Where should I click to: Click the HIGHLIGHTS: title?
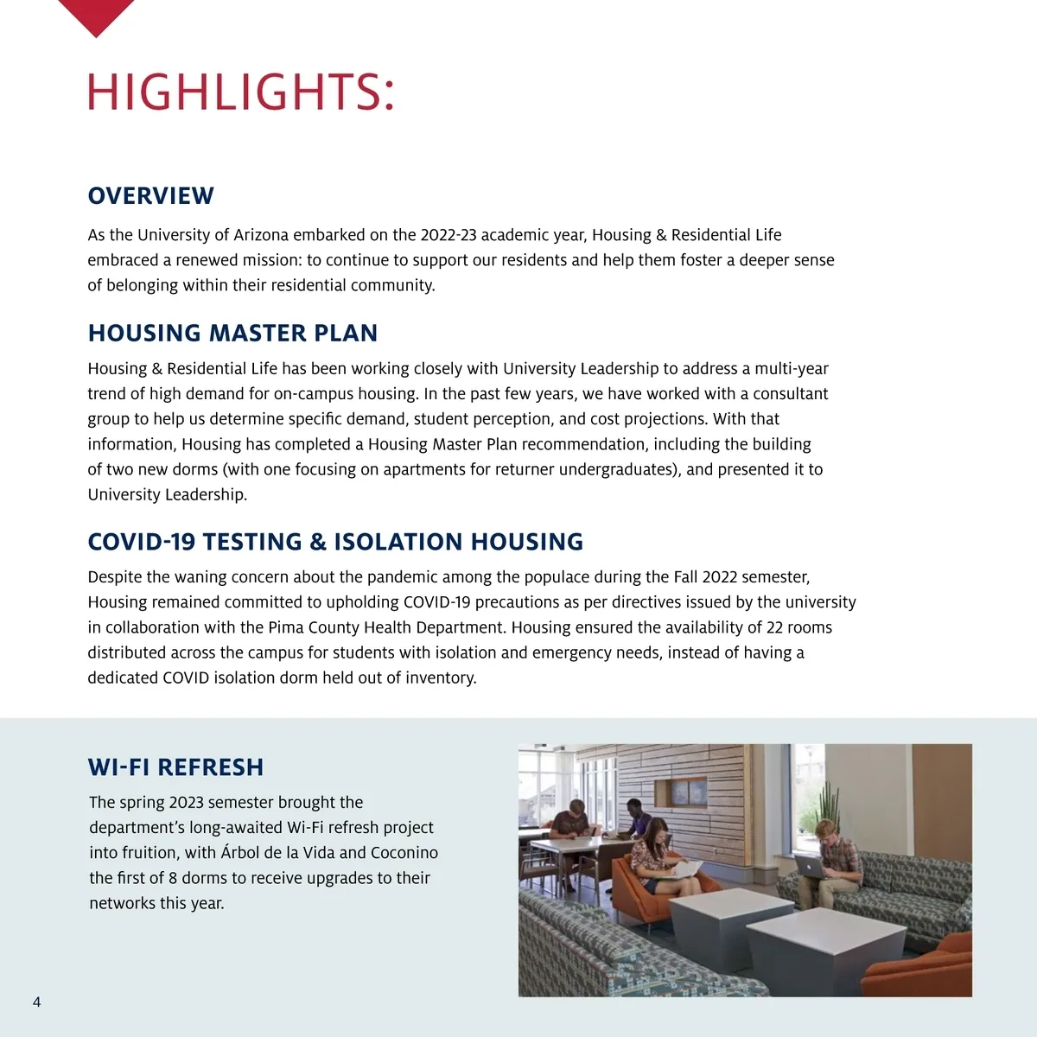click(x=241, y=92)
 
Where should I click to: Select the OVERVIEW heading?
click(x=150, y=196)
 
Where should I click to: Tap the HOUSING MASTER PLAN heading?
click(x=232, y=334)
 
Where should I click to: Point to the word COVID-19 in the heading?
click(x=141, y=542)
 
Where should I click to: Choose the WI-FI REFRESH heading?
click(x=175, y=767)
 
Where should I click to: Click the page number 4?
click(x=36, y=1002)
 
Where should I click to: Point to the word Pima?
click(x=286, y=627)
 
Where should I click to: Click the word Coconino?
click(x=404, y=853)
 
